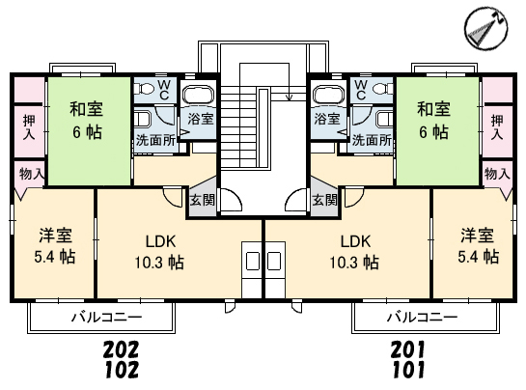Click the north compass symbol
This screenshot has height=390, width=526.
(486, 29)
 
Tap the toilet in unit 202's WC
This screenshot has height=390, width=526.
(142, 89)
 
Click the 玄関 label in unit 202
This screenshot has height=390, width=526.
(202, 201)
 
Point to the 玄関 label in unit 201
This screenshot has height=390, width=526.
(324, 201)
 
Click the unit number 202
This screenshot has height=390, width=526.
(121, 349)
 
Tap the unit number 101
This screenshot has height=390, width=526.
(408, 370)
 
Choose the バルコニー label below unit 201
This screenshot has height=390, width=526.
(423, 317)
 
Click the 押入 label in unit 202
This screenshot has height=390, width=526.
(29, 127)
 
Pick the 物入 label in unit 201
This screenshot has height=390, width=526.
(497, 174)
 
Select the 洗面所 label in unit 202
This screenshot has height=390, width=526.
(155, 140)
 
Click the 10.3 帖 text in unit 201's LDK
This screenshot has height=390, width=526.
(354, 262)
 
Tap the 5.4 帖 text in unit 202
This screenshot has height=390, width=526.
(55, 257)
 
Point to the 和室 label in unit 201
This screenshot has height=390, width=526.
(433, 109)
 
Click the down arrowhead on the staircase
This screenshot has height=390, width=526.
(289, 97)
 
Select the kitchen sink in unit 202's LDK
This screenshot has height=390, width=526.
(253, 261)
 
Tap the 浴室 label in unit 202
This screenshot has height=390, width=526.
(201, 119)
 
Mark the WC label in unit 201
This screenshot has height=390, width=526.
(361, 90)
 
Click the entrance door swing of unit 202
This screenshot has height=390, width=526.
(232, 200)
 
